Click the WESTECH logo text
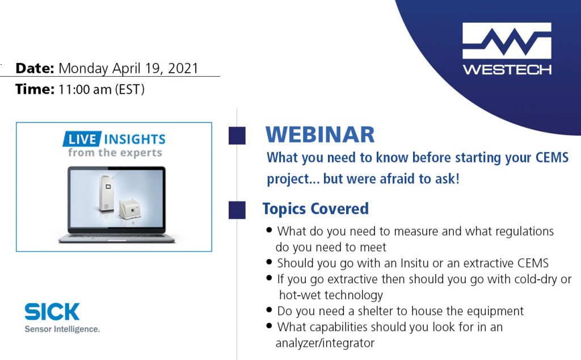(507, 70)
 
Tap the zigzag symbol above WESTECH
(507, 41)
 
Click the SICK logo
(52, 311)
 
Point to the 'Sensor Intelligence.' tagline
(62, 329)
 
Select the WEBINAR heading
(320, 135)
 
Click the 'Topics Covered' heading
(315, 208)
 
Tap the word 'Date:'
(35, 69)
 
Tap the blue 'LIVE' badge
(82, 139)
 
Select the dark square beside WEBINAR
(237, 136)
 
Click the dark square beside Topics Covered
(237, 210)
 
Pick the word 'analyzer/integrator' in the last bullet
(325, 343)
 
